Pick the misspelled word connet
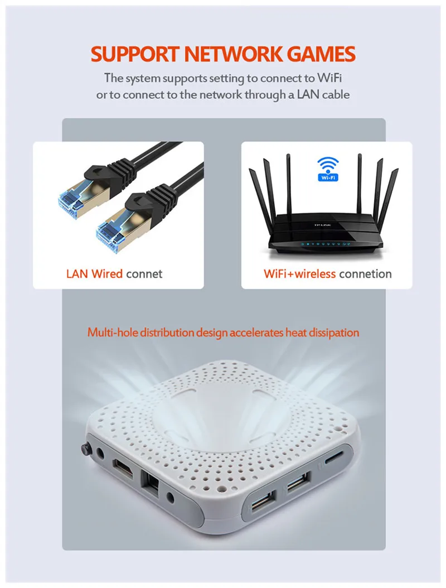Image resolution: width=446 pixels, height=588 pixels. click(144, 274)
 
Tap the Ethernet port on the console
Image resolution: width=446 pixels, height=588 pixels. click(151, 480)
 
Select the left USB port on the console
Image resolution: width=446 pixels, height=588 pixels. click(260, 504)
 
